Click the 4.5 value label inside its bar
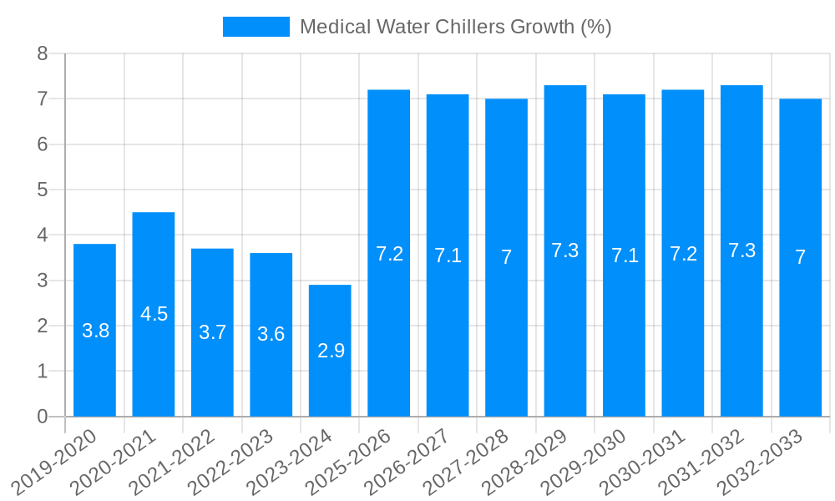(154, 314)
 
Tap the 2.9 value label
(331, 351)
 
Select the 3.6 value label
(271, 334)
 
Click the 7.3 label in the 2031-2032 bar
(741, 250)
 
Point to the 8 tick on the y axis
(43, 54)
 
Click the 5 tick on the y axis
(43, 190)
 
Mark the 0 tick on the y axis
(43, 417)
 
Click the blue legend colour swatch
(256, 27)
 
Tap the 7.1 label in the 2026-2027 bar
(448, 256)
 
